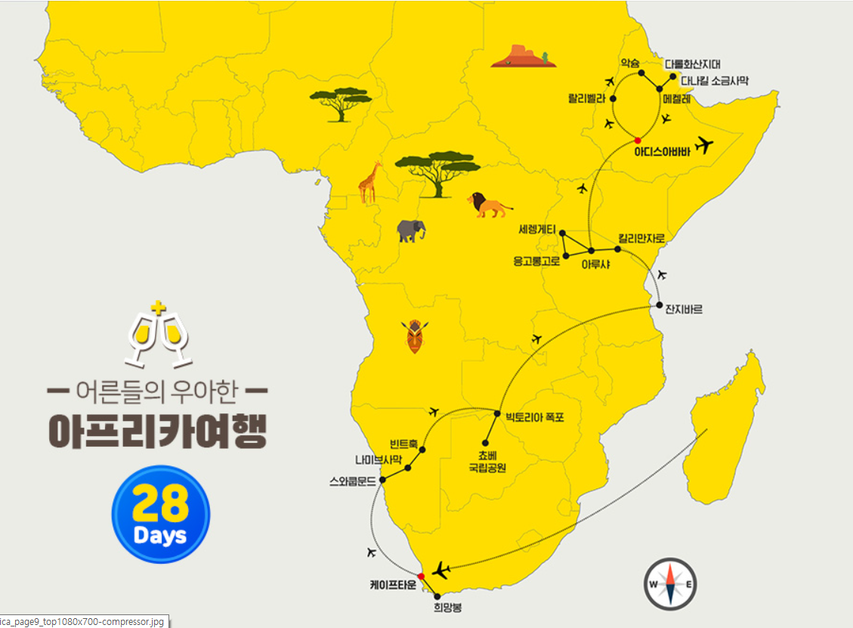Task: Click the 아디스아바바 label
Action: point(662,150)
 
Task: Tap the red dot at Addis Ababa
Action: point(637,141)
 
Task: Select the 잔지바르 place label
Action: point(684,309)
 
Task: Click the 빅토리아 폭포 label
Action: point(534,416)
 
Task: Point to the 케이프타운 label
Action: point(393,584)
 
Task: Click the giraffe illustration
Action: point(369,183)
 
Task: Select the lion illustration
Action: point(489,205)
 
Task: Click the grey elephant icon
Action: point(411,230)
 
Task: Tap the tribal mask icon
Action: point(416,336)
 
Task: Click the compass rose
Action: point(670,584)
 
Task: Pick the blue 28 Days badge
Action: point(160,515)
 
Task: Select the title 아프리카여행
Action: point(158,429)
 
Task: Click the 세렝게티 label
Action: point(538,229)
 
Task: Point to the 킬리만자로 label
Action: point(641,238)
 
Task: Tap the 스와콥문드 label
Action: point(353,480)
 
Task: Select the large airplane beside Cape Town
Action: point(441,570)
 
